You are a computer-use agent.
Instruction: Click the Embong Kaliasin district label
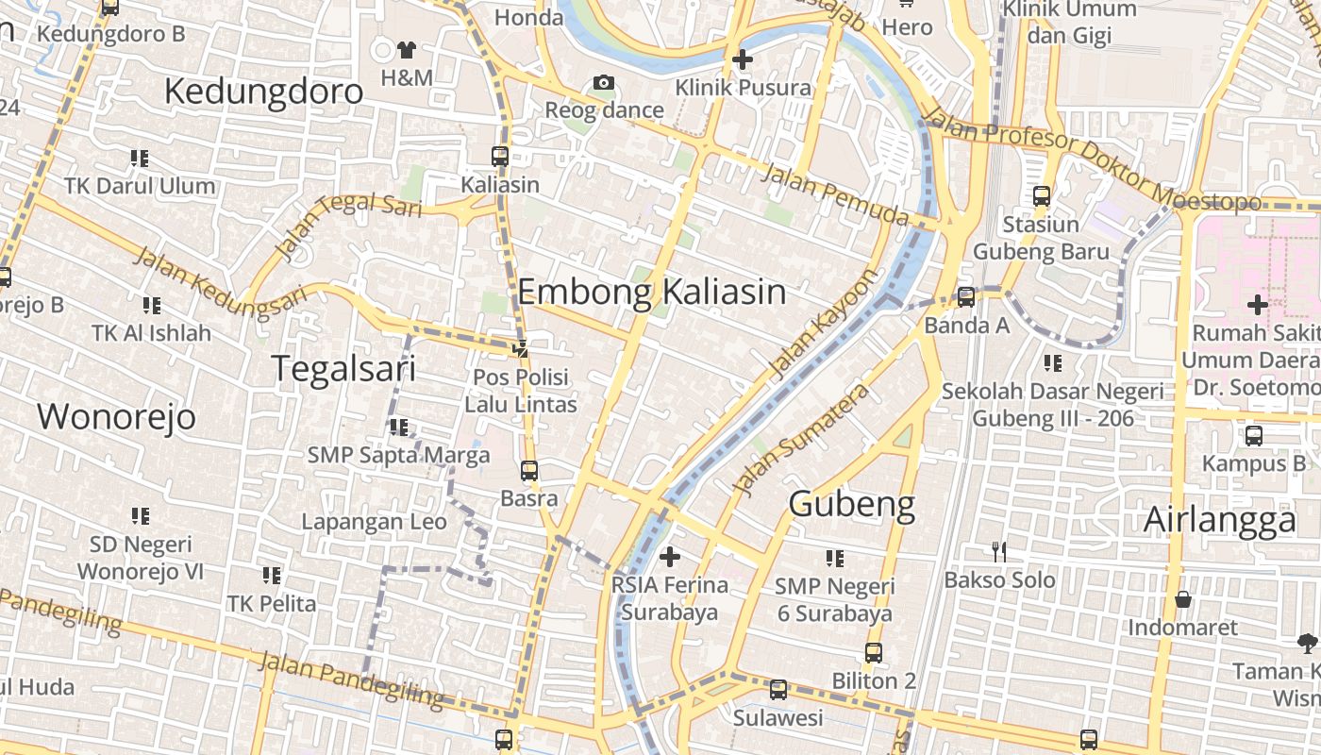[x=651, y=292]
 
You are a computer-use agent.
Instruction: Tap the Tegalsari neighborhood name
[x=343, y=368]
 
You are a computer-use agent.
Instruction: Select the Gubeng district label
[x=851, y=504]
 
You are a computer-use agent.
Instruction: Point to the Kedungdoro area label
[x=263, y=92]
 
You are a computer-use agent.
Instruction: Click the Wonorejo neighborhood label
[x=116, y=416]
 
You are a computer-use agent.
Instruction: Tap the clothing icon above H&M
[x=407, y=49]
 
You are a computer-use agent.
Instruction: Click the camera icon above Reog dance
[x=604, y=83]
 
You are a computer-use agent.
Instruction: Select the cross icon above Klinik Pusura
[x=743, y=59]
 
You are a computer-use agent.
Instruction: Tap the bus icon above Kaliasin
[x=500, y=157]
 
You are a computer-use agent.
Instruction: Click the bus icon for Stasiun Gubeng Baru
[x=1042, y=196]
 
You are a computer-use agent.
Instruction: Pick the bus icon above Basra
[x=529, y=470]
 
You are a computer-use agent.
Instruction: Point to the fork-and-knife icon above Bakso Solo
[x=999, y=551]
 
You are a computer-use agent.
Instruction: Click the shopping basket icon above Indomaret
[x=1182, y=599]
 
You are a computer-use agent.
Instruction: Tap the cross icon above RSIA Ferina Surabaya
[x=670, y=557]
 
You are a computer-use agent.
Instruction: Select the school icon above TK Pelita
[x=272, y=575]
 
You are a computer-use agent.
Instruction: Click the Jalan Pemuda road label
[x=834, y=194]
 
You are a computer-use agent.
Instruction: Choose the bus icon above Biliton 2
[x=874, y=652]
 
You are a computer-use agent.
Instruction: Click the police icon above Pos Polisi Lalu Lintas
[x=520, y=348]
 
